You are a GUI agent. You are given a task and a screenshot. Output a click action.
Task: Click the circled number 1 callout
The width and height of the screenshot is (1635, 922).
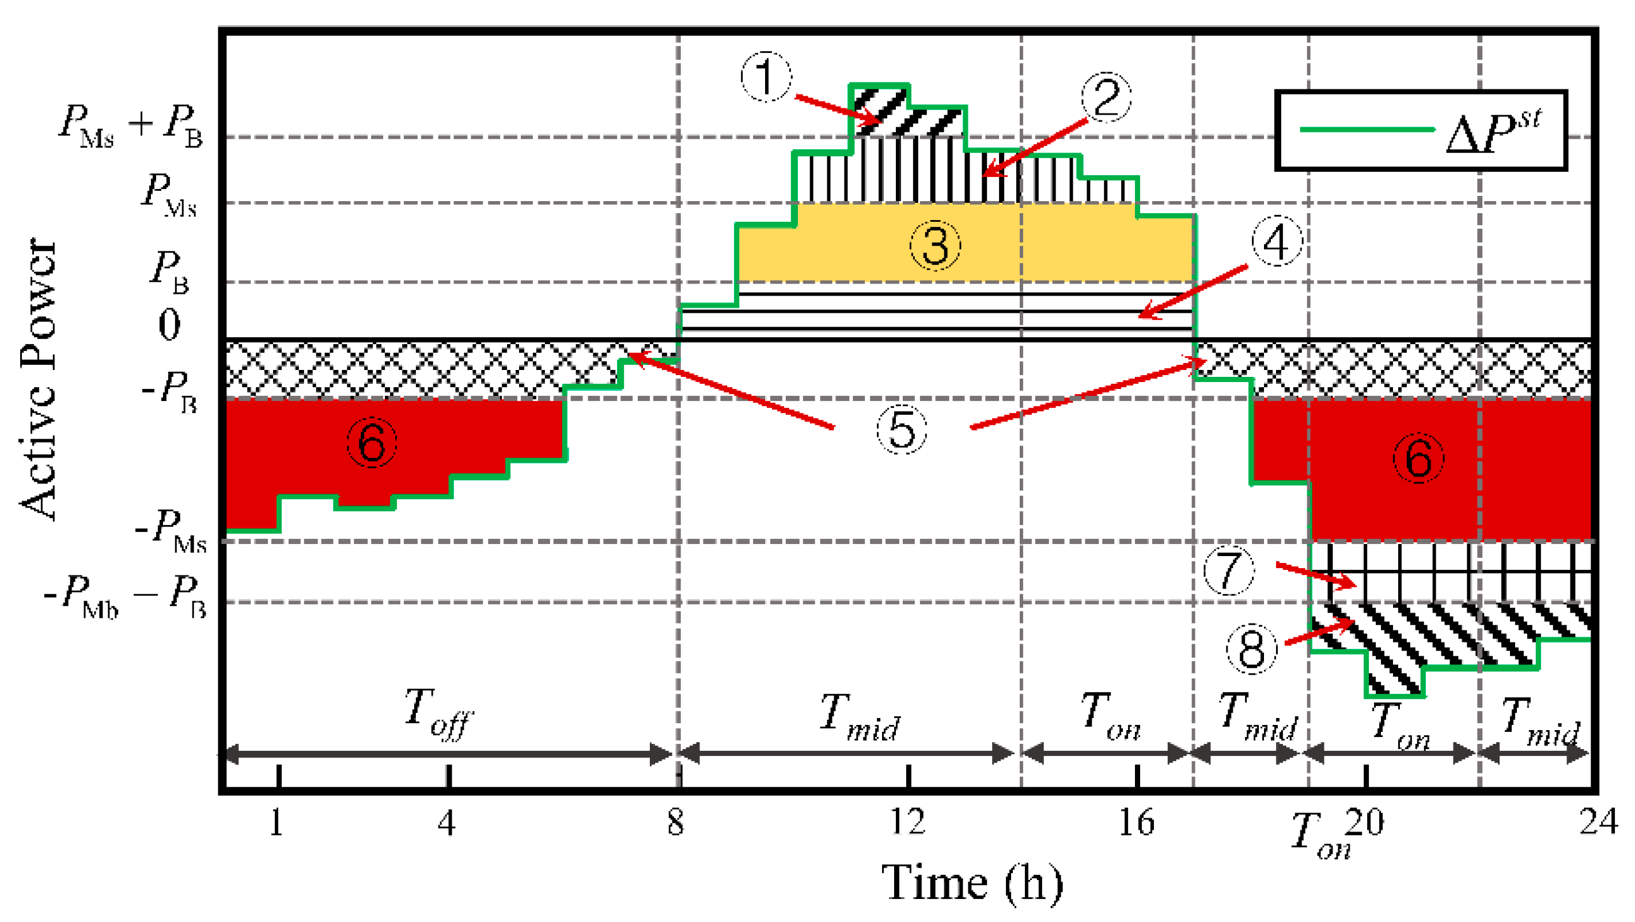coord(766,77)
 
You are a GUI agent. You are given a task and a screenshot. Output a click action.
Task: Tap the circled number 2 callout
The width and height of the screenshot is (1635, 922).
coord(1106,99)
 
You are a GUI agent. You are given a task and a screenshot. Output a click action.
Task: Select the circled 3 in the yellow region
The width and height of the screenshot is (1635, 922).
coord(935,245)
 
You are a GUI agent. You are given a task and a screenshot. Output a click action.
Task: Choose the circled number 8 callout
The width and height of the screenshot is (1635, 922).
coord(1251,649)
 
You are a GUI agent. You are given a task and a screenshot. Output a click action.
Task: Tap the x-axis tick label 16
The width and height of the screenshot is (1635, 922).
coord(1136,823)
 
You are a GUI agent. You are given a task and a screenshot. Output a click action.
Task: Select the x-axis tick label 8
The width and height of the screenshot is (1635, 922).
coord(676,822)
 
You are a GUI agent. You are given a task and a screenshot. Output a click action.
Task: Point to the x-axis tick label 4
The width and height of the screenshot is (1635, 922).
coord(447,823)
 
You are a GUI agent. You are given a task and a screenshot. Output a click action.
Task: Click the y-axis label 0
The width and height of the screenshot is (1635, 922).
coord(169,325)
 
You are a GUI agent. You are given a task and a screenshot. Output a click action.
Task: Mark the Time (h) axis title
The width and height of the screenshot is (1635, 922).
coord(972,883)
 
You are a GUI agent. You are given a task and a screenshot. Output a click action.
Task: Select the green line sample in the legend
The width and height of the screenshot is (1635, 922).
coord(1367,130)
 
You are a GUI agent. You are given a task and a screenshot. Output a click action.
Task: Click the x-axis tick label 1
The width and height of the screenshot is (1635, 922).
coord(277,823)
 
